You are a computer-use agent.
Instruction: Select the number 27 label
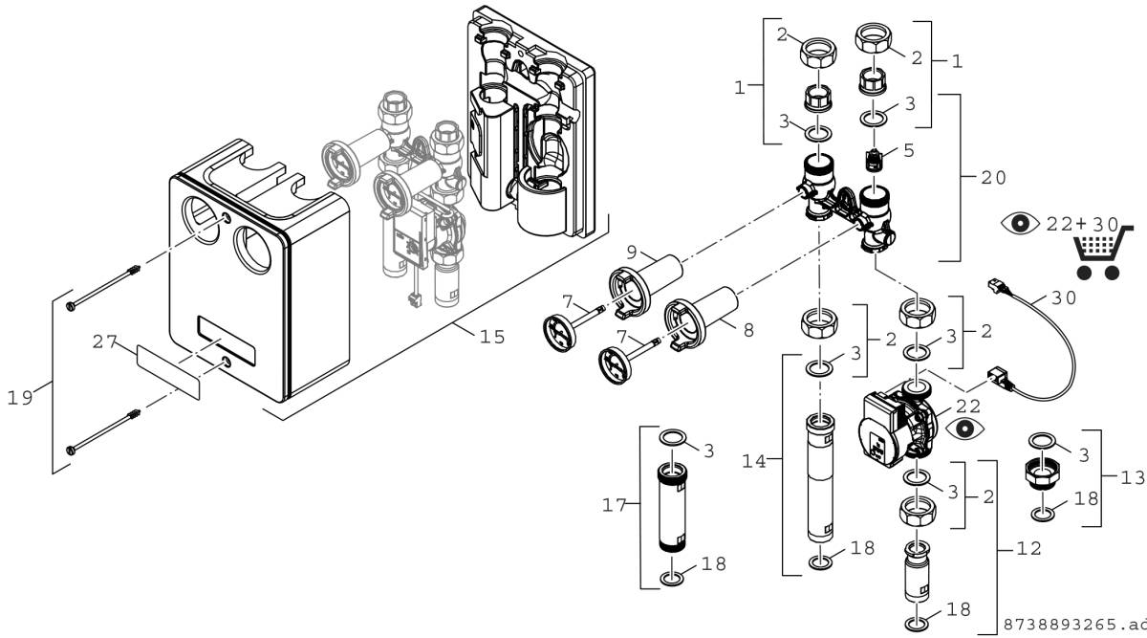[106, 341]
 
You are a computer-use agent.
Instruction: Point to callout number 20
[993, 178]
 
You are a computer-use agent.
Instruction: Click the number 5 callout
[908, 149]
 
